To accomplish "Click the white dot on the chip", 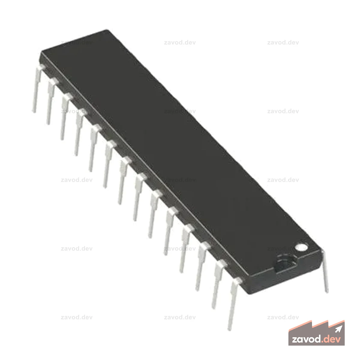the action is click(x=301, y=247).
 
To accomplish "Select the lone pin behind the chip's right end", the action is click(x=325, y=271).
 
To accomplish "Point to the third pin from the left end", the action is click(x=66, y=116).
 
